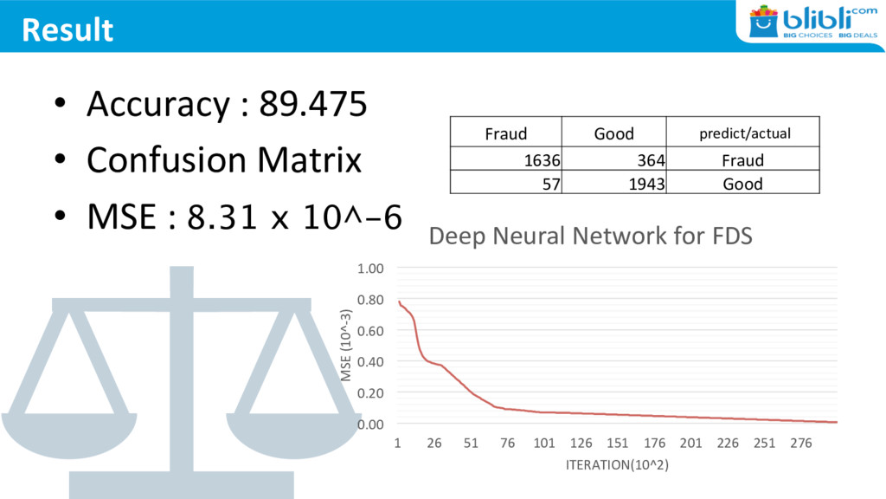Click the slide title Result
coord(67,29)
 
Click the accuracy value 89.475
coord(313,105)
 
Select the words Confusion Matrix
coord(223,160)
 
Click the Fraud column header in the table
coord(505,133)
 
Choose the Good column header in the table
coord(613,133)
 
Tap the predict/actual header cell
coord(744,133)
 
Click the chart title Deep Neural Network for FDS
coord(591,236)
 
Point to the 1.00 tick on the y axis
coord(371,269)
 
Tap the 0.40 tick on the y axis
coord(371,361)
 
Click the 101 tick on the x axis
coord(543,444)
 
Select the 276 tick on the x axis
coord(801,444)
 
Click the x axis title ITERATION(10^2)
coord(617,465)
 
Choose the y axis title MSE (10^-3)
coord(346,345)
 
